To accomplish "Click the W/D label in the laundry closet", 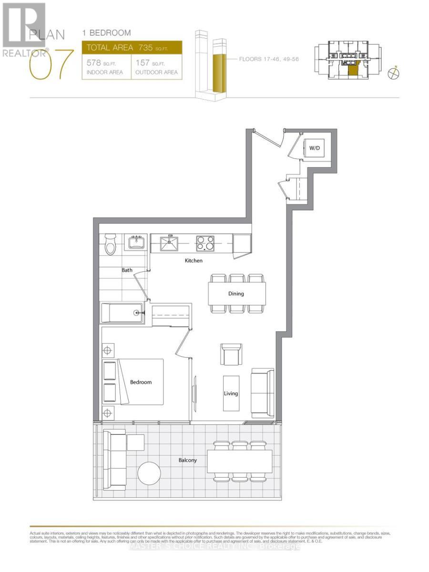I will point(314,148).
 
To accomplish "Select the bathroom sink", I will point(137,242).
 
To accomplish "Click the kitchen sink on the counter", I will point(169,244).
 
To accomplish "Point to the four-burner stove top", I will point(205,243).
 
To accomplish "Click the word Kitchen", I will point(194,261).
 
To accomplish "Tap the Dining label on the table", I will point(236,294).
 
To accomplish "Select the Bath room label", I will point(127,270).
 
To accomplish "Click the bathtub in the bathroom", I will point(122,313).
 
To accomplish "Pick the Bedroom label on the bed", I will point(141,382).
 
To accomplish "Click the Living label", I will point(231,394).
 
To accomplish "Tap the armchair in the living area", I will point(231,354).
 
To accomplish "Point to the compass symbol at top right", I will point(394,73).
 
